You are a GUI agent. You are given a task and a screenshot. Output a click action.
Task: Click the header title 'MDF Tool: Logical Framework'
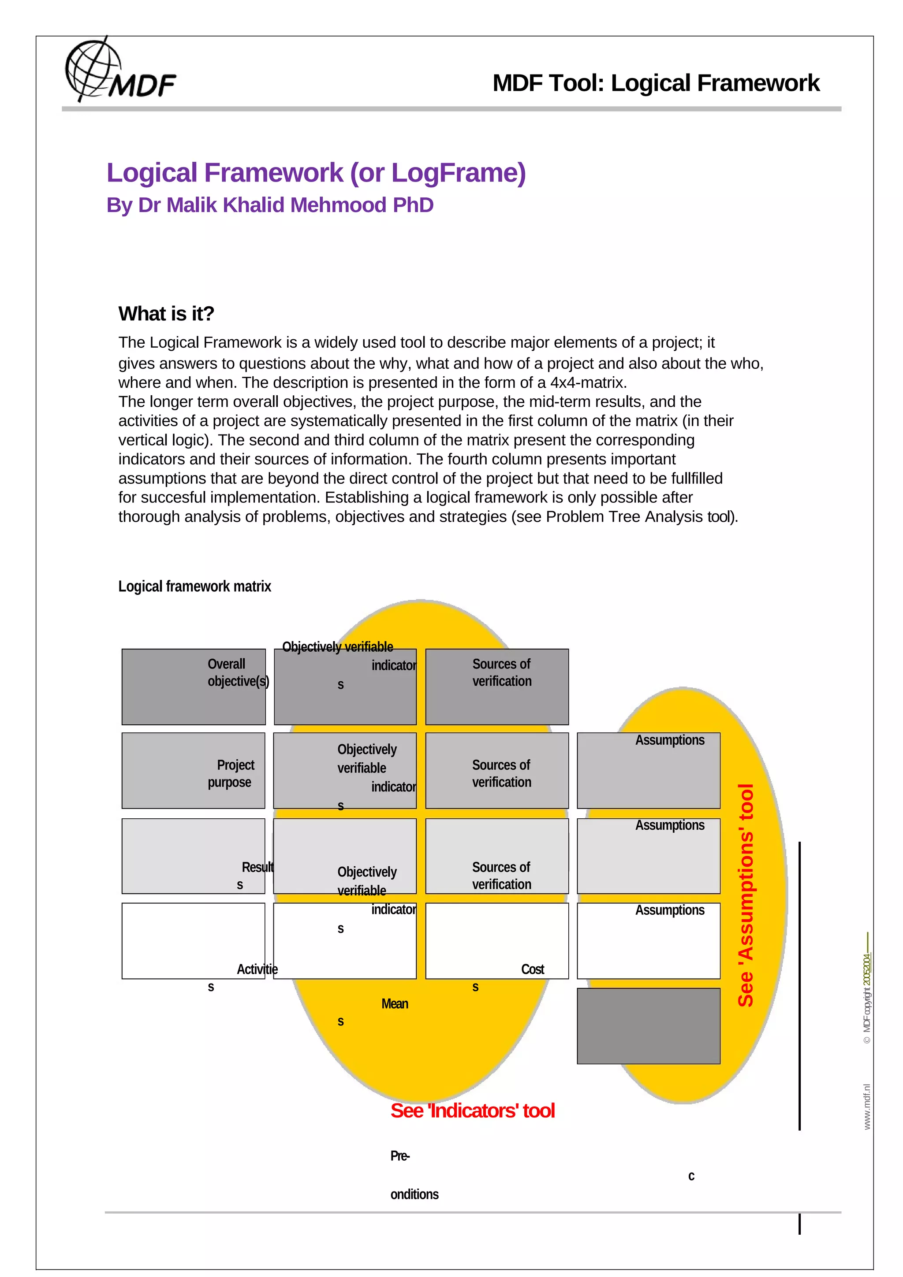pos(655,83)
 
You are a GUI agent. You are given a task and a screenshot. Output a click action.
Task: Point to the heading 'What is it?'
pos(166,314)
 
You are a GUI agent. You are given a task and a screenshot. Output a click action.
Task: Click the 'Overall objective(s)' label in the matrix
pos(238,672)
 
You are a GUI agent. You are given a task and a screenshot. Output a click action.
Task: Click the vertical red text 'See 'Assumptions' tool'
pos(746,895)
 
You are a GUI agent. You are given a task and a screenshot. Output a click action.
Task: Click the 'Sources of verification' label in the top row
pos(501,672)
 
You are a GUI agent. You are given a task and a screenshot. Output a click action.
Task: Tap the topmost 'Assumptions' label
pos(669,740)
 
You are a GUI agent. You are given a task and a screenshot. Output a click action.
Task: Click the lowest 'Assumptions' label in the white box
pos(669,910)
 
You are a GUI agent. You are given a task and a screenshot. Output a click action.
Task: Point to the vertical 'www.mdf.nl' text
pos(867,1107)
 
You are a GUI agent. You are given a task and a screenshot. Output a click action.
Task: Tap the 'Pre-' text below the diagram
pos(399,1156)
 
